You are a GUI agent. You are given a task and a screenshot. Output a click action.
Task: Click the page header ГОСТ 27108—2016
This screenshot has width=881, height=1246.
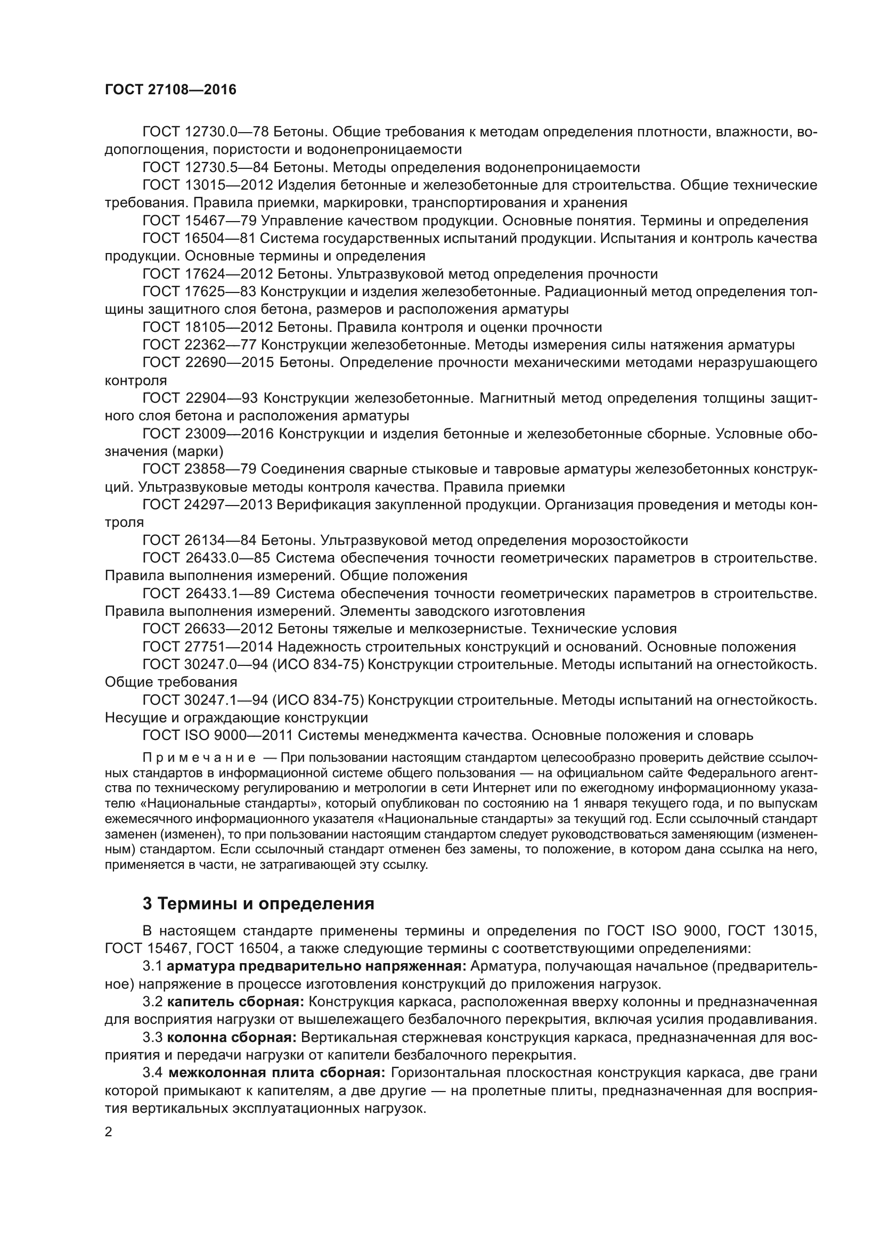pos(170,90)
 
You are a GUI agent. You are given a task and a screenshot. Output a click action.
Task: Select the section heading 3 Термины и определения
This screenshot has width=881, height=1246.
pos(258,903)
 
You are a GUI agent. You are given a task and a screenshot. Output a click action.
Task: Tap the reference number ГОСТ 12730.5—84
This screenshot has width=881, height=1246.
pos(206,168)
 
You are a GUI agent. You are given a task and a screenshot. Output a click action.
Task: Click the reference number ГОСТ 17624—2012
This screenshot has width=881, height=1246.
pos(207,274)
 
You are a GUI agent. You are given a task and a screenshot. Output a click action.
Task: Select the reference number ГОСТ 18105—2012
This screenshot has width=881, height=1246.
pos(207,327)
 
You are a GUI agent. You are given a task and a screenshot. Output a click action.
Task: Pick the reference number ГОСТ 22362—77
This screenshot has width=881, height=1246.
pos(199,345)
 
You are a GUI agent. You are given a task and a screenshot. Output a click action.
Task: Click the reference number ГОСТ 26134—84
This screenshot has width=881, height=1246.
pos(199,541)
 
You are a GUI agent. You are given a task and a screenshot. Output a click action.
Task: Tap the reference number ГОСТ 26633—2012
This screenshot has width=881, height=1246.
pos(207,630)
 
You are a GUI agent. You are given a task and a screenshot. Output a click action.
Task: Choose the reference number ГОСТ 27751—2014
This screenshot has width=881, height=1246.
pos(207,647)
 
